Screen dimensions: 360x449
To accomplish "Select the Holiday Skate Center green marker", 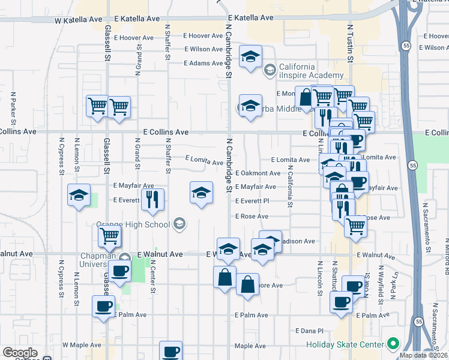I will (x=393, y=344).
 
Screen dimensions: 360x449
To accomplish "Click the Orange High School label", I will (x=133, y=224).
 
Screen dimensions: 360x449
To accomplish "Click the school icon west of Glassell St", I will (x=78, y=194).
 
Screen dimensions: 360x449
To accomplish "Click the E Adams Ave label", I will (x=203, y=63).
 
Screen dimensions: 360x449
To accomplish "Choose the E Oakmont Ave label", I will (x=258, y=173).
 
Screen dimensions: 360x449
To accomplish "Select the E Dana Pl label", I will (x=309, y=331).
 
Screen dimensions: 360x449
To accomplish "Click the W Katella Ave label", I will (x=79, y=19).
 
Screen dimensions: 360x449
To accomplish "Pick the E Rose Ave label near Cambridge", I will (x=252, y=216).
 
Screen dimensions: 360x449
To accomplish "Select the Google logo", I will (x=20, y=353).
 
